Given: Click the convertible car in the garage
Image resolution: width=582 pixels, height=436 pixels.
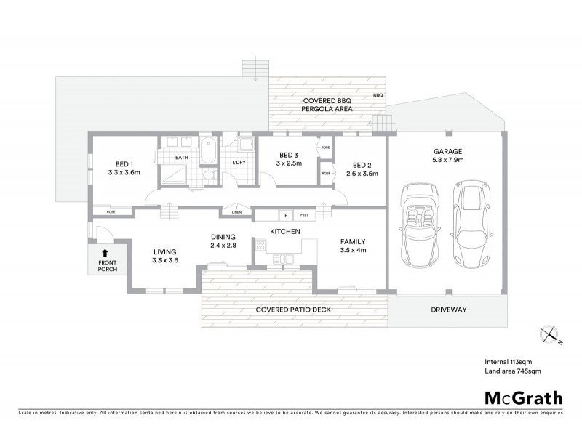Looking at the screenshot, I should (418, 226).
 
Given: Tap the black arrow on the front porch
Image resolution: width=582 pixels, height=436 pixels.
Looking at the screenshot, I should (106, 254).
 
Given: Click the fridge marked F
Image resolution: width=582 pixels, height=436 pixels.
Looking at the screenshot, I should (286, 216).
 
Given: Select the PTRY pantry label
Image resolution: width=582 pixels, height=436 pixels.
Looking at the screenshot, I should (303, 216).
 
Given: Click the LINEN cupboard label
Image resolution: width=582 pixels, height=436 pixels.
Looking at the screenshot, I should (236, 212).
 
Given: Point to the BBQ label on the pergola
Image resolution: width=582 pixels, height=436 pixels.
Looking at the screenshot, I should (378, 95).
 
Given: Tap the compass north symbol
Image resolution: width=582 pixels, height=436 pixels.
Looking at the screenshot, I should (549, 334).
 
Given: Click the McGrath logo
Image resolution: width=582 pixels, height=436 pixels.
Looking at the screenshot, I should (523, 397).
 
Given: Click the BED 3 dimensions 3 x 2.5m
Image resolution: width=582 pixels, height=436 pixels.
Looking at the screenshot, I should (289, 164).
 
